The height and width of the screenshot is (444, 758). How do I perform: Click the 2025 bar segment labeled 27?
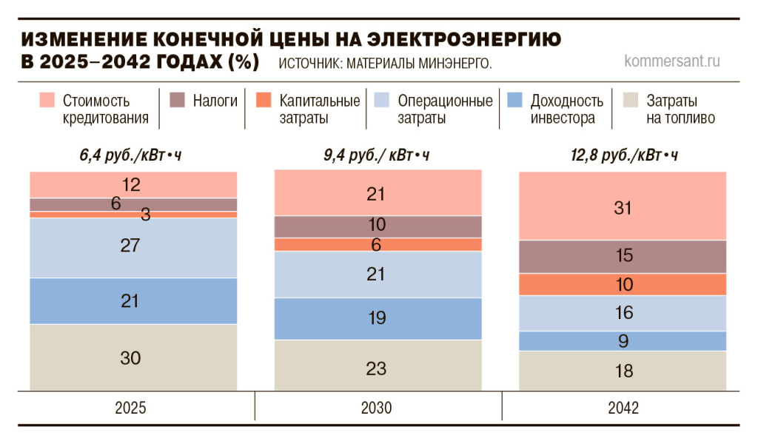tap(133, 247)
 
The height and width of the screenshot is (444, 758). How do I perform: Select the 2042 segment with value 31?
tap(623, 206)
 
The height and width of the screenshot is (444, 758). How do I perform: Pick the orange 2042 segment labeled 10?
tap(623, 285)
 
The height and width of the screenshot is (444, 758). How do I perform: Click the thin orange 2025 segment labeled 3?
tap(133, 215)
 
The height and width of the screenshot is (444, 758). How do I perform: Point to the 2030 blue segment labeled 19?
tap(378, 318)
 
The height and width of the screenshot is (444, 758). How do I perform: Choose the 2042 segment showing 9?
tap(623, 341)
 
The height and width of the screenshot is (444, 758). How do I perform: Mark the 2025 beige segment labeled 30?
tap(133, 357)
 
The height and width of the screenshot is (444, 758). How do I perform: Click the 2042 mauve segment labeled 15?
tap(623, 257)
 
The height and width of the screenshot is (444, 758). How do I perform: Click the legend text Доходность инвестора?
tap(567, 109)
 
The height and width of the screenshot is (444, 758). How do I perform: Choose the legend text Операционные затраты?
tap(445, 109)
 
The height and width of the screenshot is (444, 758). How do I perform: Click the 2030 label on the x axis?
tap(378, 408)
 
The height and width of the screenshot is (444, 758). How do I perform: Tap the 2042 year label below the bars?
tap(623, 408)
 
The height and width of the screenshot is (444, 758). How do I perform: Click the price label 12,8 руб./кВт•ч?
tap(624, 156)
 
